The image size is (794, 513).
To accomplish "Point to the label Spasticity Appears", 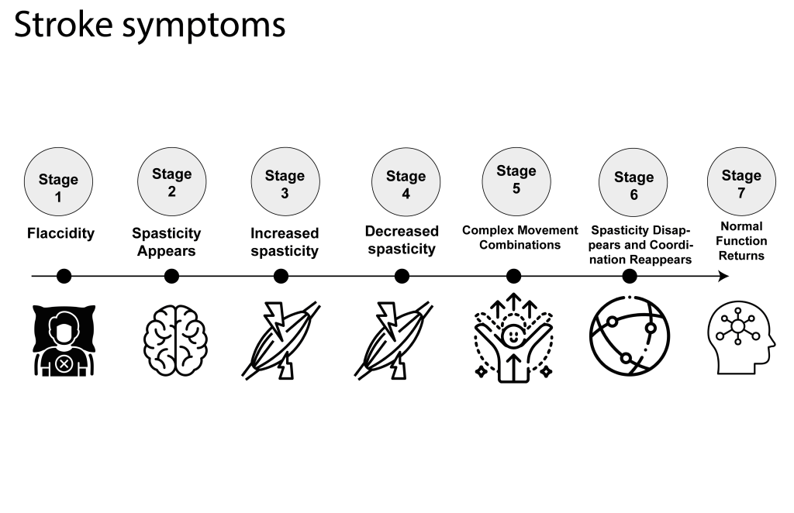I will pyautogui.click(x=166, y=242).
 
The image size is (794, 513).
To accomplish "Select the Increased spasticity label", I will pyautogui.click(x=285, y=242).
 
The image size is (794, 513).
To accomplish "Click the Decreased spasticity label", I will pyautogui.click(x=402, y=240).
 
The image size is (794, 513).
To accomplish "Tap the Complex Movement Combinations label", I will pyautogui.click(x=520, y=237).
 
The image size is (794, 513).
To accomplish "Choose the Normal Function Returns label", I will pyautogui.click(x=741, y=240).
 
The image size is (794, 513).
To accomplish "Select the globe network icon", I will pyautogui.click(x=629, y=336).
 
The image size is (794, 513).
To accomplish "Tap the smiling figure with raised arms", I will pyautogui.click(x=513, y=339).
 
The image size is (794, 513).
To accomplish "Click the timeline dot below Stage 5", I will pyautogui.click(x=513, y=276).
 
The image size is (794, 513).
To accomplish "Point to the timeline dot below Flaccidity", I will pyautogui.click(x=64, y=276).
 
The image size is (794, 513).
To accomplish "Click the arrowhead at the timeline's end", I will pyautogui.click(x=723, y=276).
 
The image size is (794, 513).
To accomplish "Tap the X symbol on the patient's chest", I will pyautogui.click(x=63, y=360).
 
